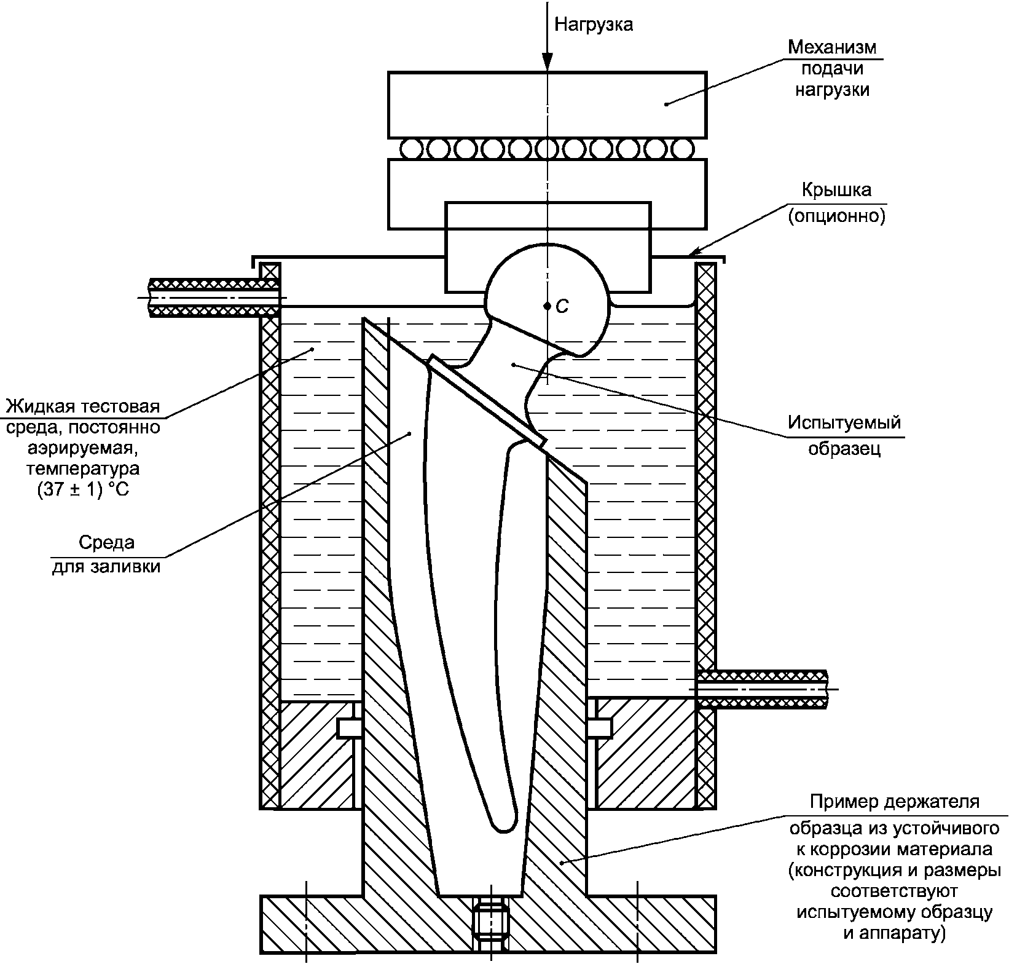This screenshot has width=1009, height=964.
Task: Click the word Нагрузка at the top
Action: click(x=594, y=25)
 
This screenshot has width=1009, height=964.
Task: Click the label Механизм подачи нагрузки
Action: click(x=833, y=68)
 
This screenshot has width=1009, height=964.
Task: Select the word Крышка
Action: click(x=836, y=189)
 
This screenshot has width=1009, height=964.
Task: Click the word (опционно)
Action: click(x=836, y=216)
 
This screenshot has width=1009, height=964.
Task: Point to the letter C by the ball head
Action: click(x=562, y=306)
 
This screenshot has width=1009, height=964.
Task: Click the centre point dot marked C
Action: click(x=547, y=306)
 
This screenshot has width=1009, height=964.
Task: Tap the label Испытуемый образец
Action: click(x=844, y=435)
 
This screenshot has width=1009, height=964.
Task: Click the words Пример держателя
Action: click(x=895, y=802)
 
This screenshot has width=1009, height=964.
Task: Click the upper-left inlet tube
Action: click(x=214, y=298)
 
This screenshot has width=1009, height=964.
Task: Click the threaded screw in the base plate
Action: click(x=490, y=922)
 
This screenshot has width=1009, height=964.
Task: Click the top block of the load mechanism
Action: click(x=547, y=105)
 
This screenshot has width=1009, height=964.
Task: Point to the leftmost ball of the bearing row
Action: click(x=410, y=148)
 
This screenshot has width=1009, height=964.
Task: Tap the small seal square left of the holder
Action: click(x=348, y=729)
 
